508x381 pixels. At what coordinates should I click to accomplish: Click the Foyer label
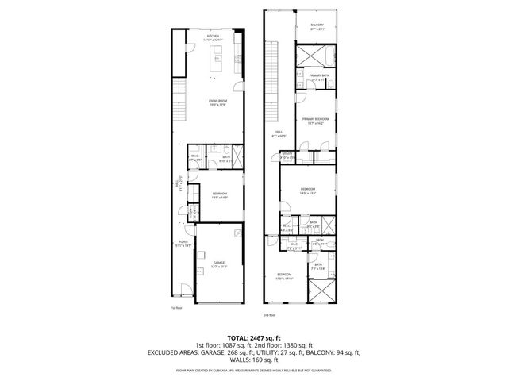(183, 243)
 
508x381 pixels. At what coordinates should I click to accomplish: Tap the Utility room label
(287, 156)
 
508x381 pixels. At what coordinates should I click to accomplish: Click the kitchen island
(214, 57)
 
